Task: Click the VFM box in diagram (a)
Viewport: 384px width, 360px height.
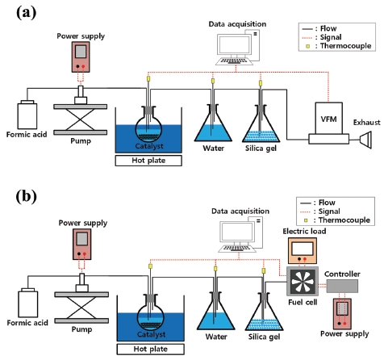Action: pos(328,118)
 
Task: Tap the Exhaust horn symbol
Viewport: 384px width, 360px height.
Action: pos(367,140)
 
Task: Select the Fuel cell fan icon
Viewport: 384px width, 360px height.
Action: pos(303,281)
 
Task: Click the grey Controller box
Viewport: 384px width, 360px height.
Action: pos(342,286)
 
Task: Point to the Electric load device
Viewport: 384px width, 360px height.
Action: pos(303,250)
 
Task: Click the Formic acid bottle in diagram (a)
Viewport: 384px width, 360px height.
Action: pos(27,115)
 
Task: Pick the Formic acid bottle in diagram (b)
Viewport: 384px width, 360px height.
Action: pos(28,303)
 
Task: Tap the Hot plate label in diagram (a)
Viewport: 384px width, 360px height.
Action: pos(148,161)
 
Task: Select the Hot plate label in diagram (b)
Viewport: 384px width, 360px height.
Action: pos(150,350)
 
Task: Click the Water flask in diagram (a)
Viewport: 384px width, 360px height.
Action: pos(213,127)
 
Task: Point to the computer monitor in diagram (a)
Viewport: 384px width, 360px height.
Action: pos(234,45)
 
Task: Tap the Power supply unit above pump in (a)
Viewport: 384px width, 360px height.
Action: pos(81,57)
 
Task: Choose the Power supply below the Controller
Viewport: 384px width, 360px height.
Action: pos(342,314)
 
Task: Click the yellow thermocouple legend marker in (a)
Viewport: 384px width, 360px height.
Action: pos(307,46)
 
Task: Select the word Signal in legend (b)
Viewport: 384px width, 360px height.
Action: pos(329,211)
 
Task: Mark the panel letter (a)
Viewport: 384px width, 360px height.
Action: pos(26,13)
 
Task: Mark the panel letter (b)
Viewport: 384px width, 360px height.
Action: pos(26,197)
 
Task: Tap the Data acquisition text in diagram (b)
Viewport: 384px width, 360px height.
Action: pos(240,211)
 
